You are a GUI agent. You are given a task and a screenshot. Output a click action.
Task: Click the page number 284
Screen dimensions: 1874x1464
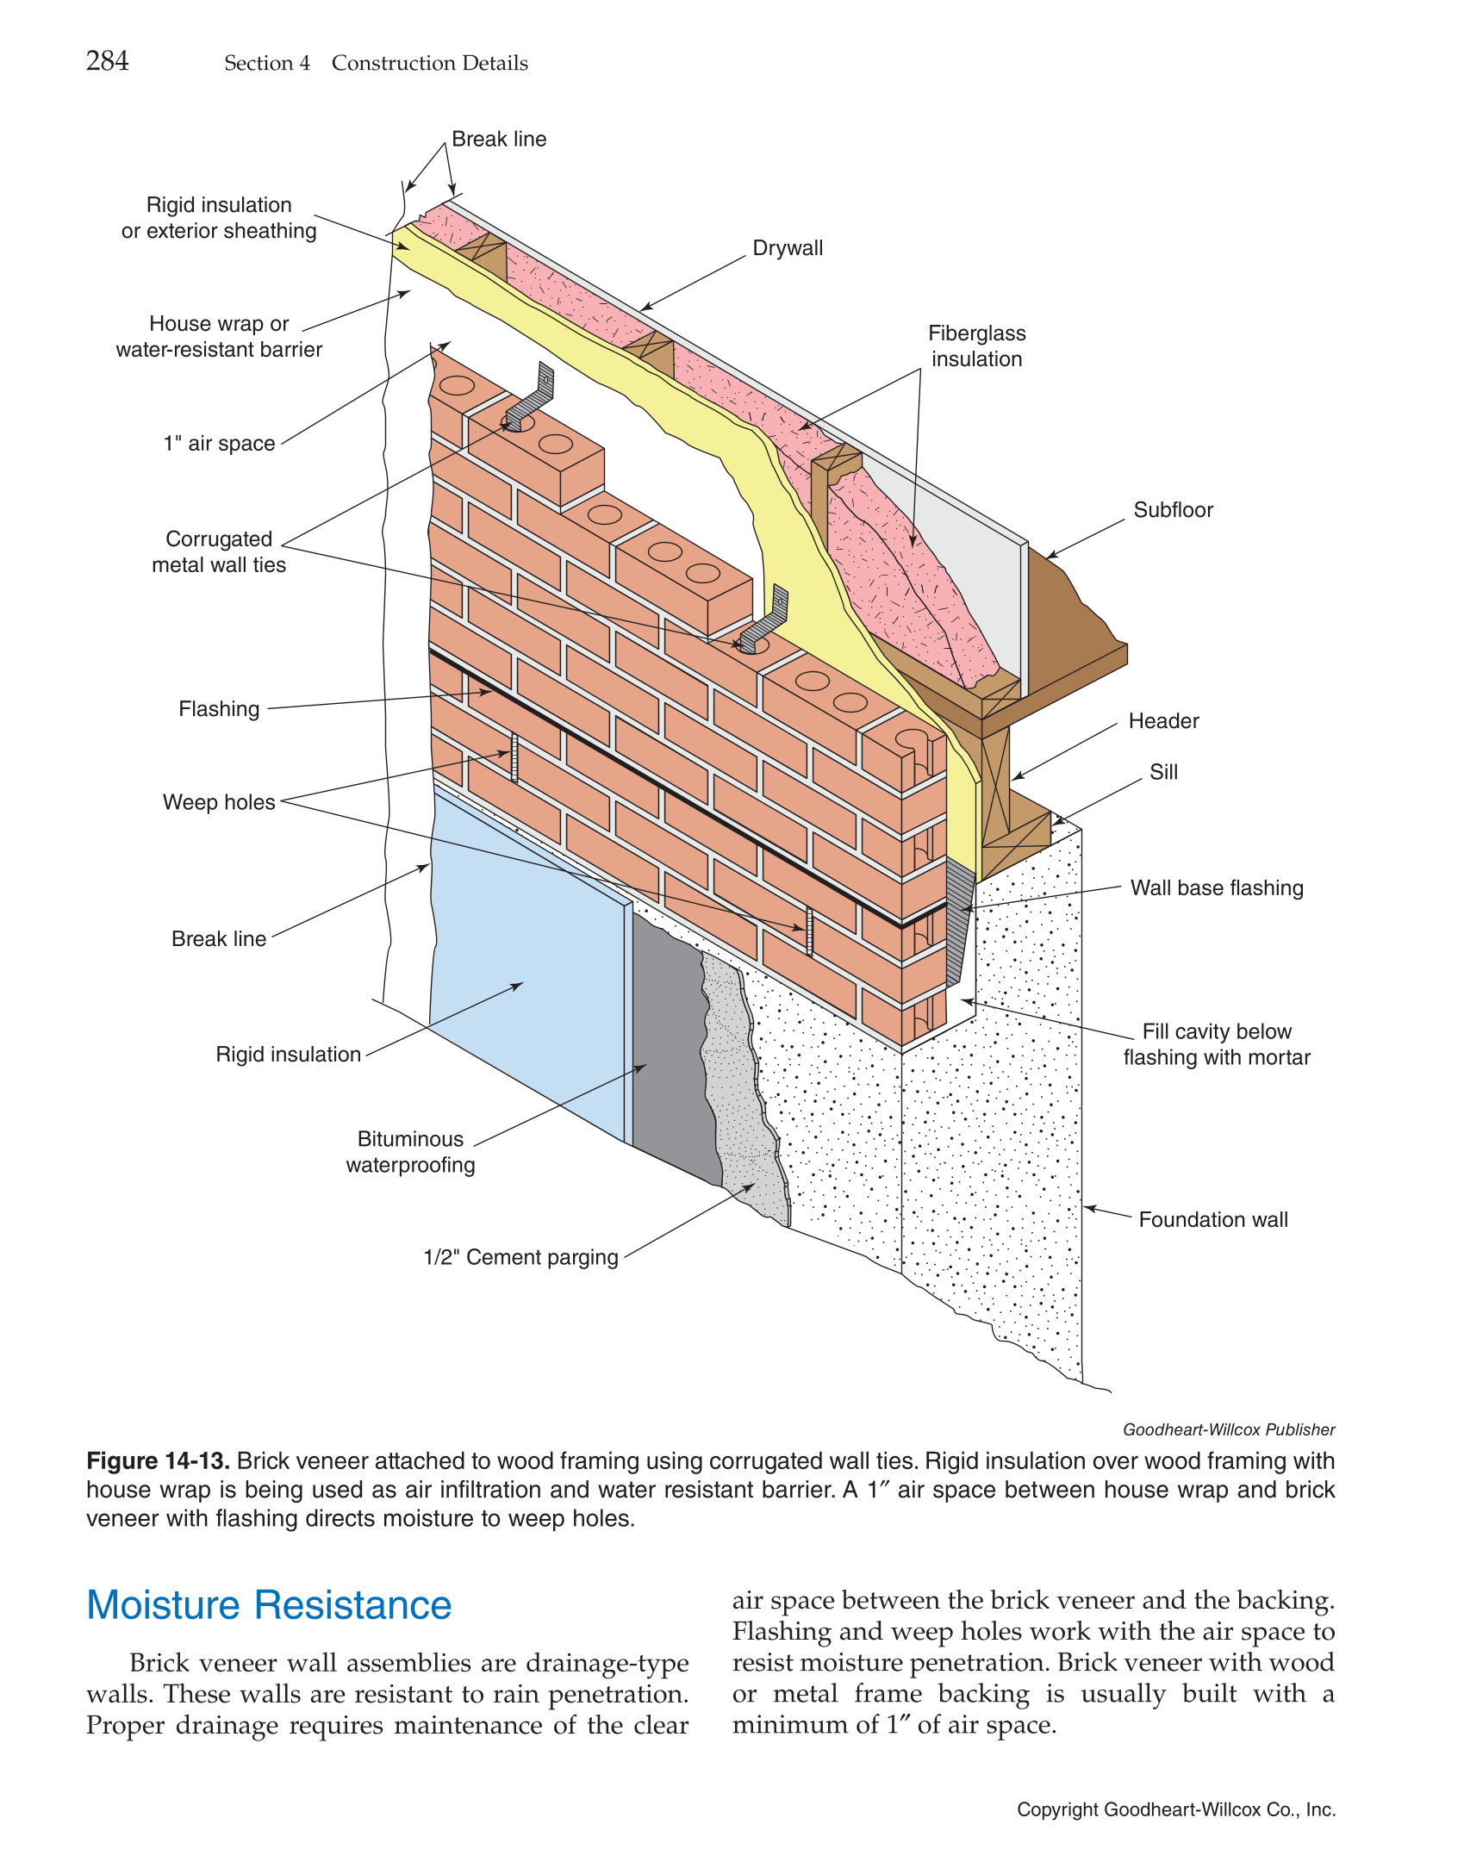(107, 61)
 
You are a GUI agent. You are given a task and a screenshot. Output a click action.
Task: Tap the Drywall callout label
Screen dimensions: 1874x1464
(788, 248)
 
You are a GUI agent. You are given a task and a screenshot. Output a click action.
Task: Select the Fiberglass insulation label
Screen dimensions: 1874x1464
(976, 346)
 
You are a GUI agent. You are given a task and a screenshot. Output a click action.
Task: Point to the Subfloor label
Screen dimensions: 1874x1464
(1172, 510)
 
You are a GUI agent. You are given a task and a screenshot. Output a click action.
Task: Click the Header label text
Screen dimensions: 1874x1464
(1163, 721)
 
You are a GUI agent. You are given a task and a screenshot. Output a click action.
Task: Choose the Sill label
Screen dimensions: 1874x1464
(1162, 772)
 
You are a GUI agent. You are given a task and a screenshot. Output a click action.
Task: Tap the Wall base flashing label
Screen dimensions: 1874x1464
(1216, 888)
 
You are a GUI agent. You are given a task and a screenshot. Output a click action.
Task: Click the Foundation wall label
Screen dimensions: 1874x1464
(1212, 1220)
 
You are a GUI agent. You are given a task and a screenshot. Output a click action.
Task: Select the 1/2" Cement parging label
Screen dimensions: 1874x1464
(520, 1258)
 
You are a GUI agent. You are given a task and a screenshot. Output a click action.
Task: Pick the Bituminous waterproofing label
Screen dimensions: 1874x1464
(410, 1152)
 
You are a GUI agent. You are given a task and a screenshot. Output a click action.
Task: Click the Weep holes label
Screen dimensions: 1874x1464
(219, 802)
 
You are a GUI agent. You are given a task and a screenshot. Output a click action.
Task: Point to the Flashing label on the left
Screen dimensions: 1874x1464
(219, 709)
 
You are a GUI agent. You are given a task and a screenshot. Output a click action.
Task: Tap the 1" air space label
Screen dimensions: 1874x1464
(219, 444)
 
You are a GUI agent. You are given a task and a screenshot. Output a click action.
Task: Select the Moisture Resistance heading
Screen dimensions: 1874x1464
(269, 1606)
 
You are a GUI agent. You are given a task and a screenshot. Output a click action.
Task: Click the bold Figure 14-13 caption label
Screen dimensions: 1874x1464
(158, 1461)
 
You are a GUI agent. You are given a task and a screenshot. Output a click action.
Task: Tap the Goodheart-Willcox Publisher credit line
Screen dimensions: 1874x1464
(1228, 1430)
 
